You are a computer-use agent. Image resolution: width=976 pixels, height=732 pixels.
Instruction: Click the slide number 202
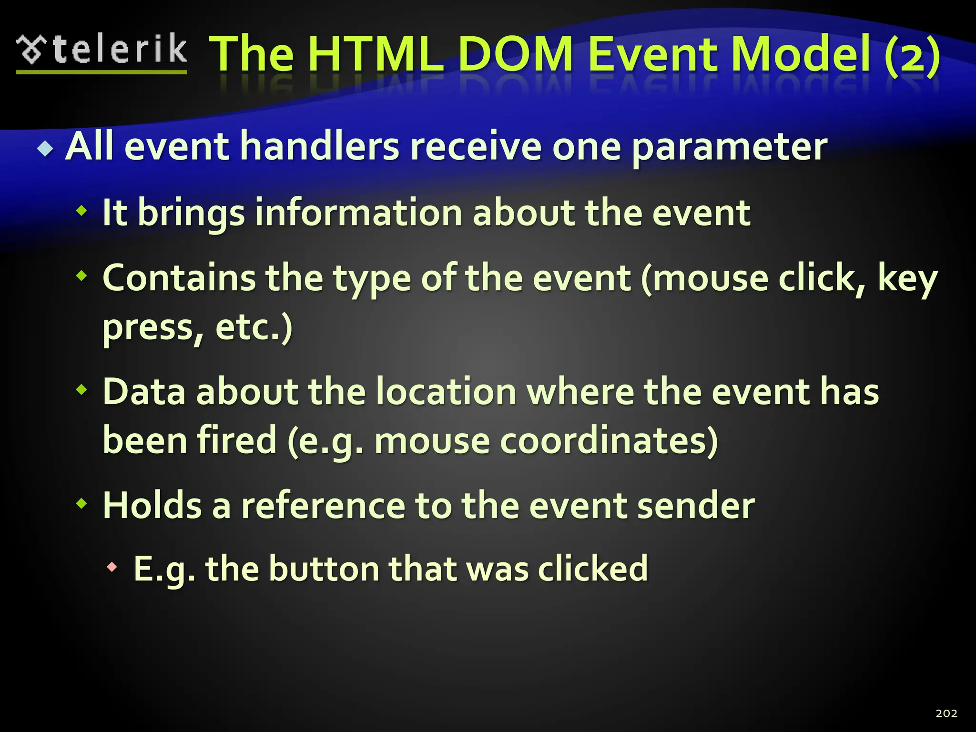[946, 713]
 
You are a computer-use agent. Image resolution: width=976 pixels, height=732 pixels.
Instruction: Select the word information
[358, 213]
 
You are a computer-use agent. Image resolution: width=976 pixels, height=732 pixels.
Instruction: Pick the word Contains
[179, 278]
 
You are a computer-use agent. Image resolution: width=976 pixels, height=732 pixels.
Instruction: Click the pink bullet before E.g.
[112, 567]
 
